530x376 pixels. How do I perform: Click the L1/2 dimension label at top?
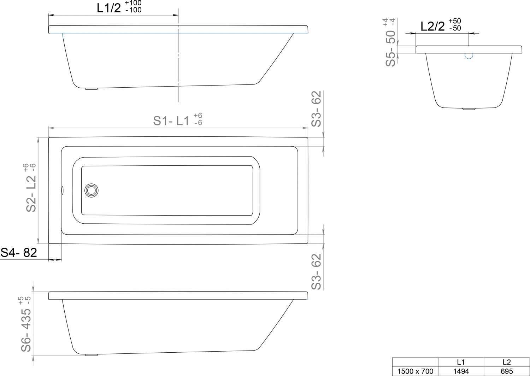click(109, 8)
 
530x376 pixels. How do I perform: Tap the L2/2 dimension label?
click(432, 26)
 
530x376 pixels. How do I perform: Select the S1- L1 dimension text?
click(171, 121)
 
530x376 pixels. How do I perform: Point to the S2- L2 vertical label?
click(31, 194)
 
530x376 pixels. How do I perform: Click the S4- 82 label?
click(19, 252)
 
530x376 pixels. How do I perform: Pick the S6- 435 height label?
click(26, 330)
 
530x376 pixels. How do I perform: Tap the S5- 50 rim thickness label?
click(390, 48)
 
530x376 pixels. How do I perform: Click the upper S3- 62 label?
click(316, 109)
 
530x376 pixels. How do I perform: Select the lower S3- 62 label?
click(316, 272)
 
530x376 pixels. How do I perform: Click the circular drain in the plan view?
click(91, 190)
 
